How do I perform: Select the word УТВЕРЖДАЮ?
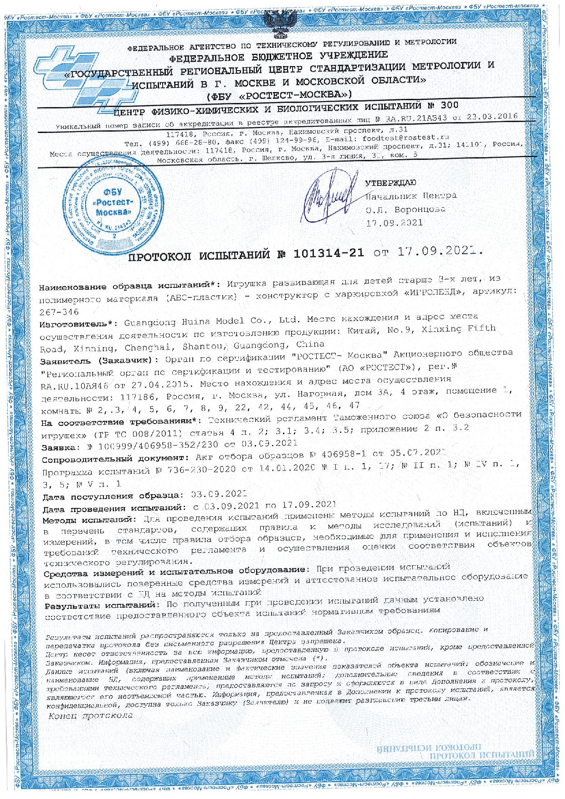[390, 183]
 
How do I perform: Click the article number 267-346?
[60, 312]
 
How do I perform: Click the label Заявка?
[60, 447]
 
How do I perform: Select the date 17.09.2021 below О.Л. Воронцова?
[395, 223]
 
